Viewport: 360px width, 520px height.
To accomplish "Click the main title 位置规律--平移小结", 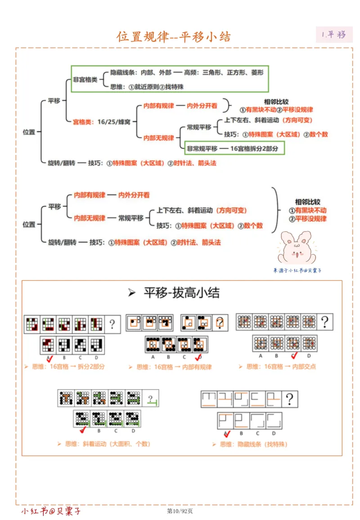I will pyautogui.click(x=174, y=37).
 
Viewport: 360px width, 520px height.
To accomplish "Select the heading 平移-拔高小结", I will pyautogui.click(x=181, y=293).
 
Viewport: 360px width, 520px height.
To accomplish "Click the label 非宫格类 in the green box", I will pyautogui.click(x=85, y=79).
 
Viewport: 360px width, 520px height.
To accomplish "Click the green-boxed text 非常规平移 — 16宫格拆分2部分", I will pyautogui.click(x=235, y=148).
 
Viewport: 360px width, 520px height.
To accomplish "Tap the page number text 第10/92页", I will pyautogui.click(x=180, y=511).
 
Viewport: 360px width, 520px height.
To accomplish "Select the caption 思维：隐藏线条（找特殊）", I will pyautogui.click(x=250, y=444).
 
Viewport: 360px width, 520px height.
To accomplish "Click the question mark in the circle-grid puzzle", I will pyautogui.click(x=324, y=322).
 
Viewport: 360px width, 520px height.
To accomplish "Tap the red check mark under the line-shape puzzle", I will pyautogui.click(x=227, y=433).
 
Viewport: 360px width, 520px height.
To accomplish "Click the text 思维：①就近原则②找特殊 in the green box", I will pyautogui.click(x=146, y=86).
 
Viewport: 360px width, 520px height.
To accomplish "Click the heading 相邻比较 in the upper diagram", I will pyautogui.click(x=275, y=102).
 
